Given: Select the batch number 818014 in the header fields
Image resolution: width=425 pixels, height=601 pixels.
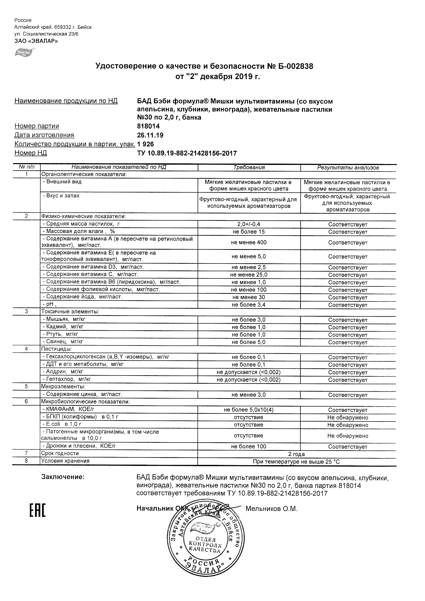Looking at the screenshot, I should pyautogui.click(x=148, y=126).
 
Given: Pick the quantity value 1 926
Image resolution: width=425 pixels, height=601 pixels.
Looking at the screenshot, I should pyautogui.click(x=145, y=144).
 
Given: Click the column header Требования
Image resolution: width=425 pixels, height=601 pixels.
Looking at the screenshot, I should pyautogui.click(x=249, y=167).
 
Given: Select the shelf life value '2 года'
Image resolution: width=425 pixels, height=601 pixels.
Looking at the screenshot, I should pyautogui.click(x=297, y=454).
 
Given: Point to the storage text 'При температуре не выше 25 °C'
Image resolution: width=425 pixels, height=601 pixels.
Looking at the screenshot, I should pyautogui.click(x=296, y=462).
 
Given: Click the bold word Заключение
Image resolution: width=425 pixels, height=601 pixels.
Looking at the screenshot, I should pyautogui.click(x=63, y=477).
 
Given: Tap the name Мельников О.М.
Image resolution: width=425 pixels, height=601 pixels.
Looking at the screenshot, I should pyautogui.click(x=271, y=509).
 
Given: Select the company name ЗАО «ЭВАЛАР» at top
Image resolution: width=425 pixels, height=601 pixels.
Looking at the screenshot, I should pyautogui.click(x=36, y=41).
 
